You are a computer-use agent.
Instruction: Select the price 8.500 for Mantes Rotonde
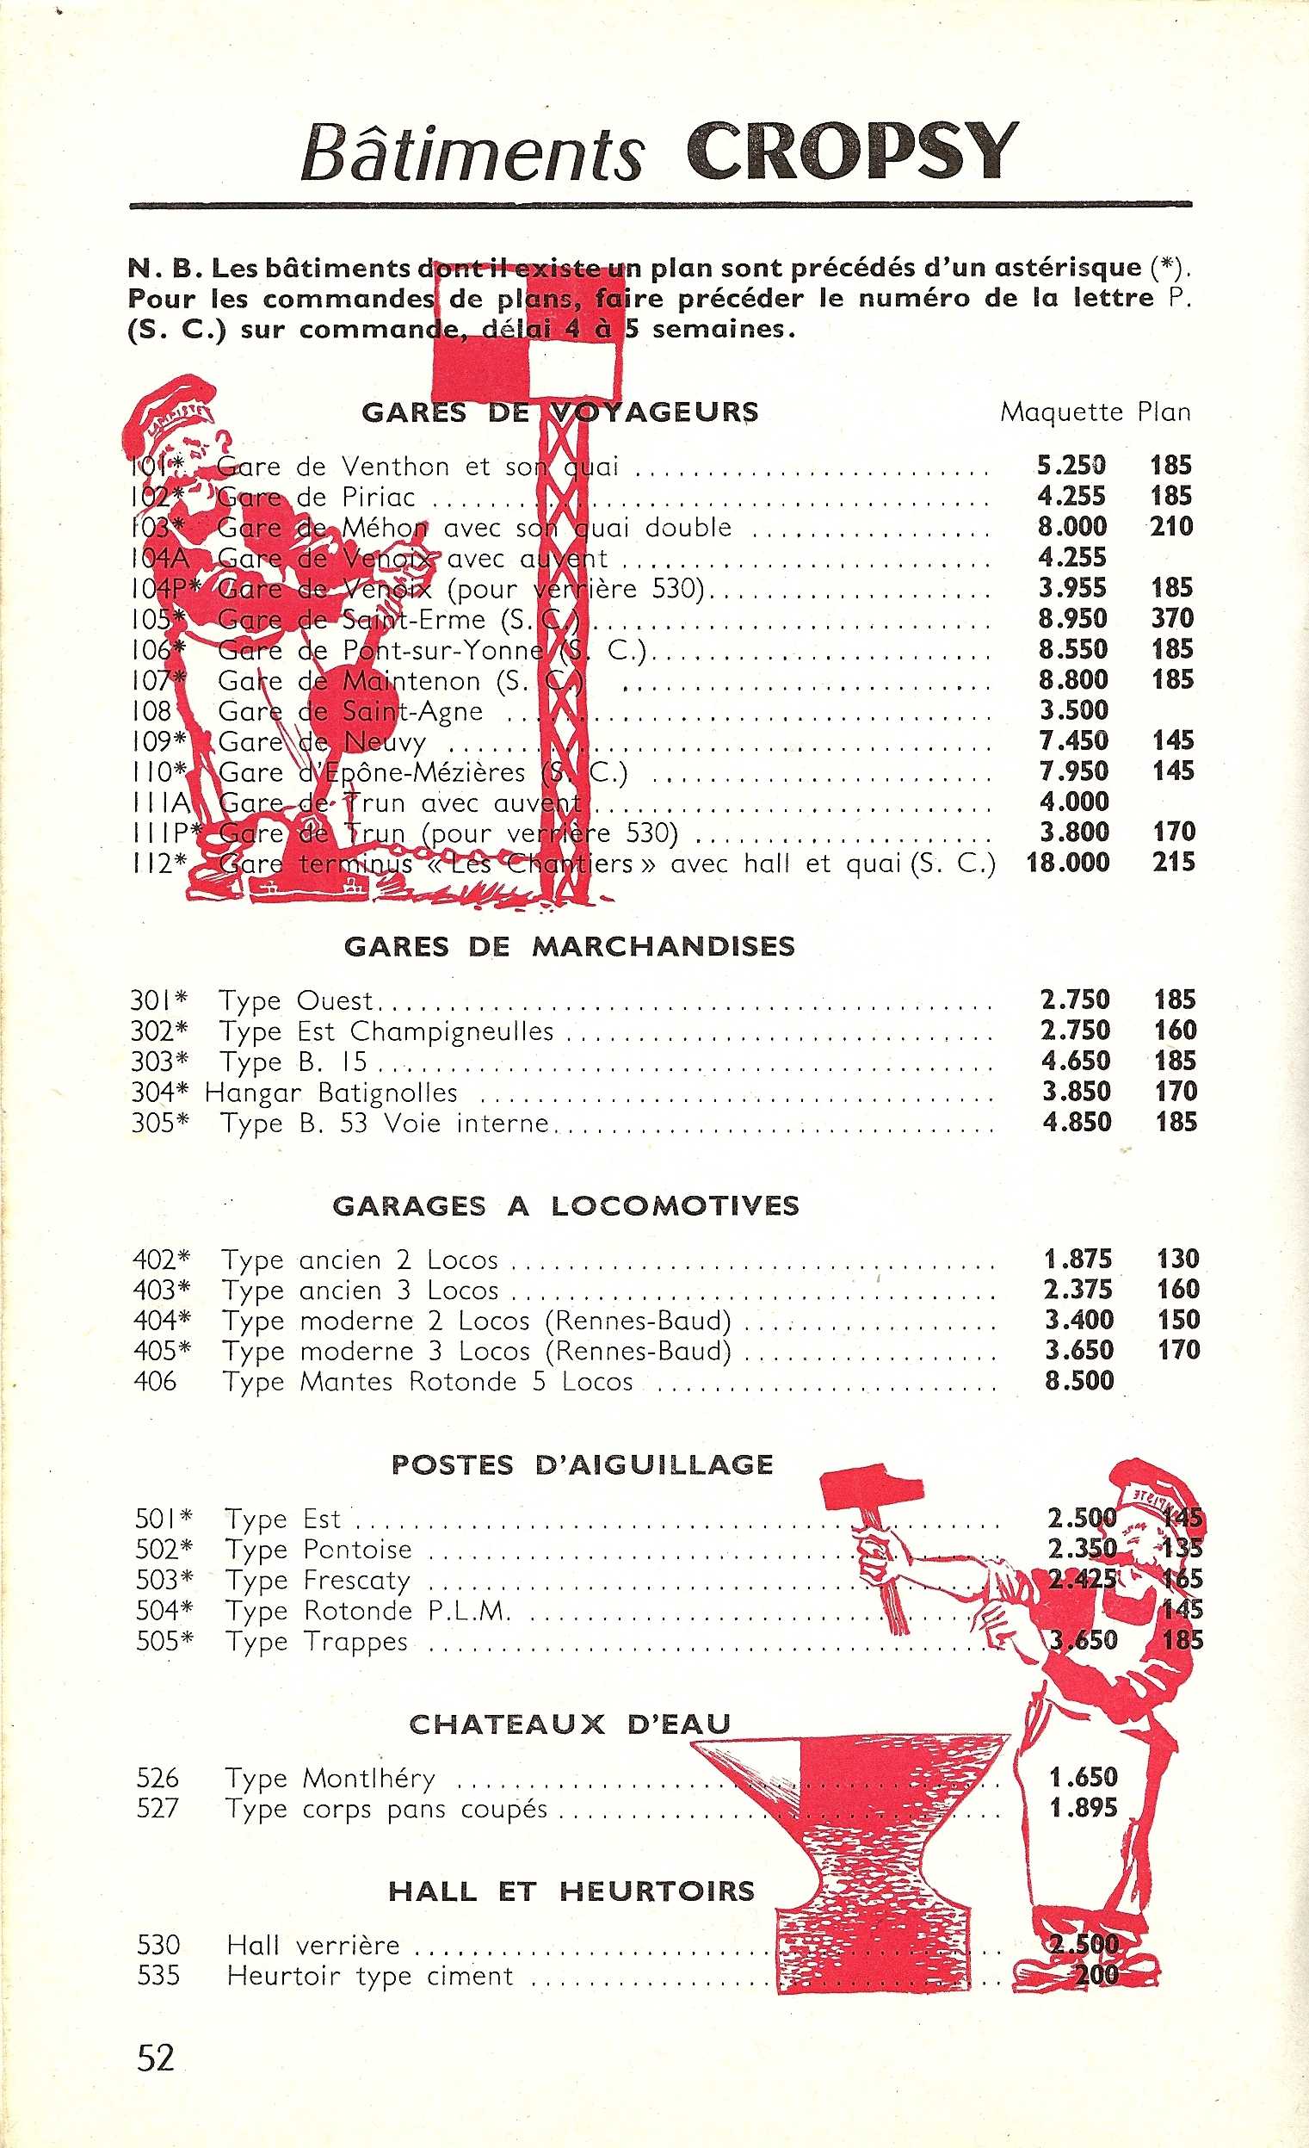[x=1079, y=1380]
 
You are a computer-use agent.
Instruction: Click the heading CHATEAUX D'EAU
[x=569, y=1724]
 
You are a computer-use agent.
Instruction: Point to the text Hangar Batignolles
[x=330, y=1092]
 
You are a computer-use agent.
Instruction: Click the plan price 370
[x=1171, y=618]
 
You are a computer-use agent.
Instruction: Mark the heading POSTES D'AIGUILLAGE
[x=581, y=1464]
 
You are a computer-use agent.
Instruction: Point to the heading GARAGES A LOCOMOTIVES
[x=565, y=1205]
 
